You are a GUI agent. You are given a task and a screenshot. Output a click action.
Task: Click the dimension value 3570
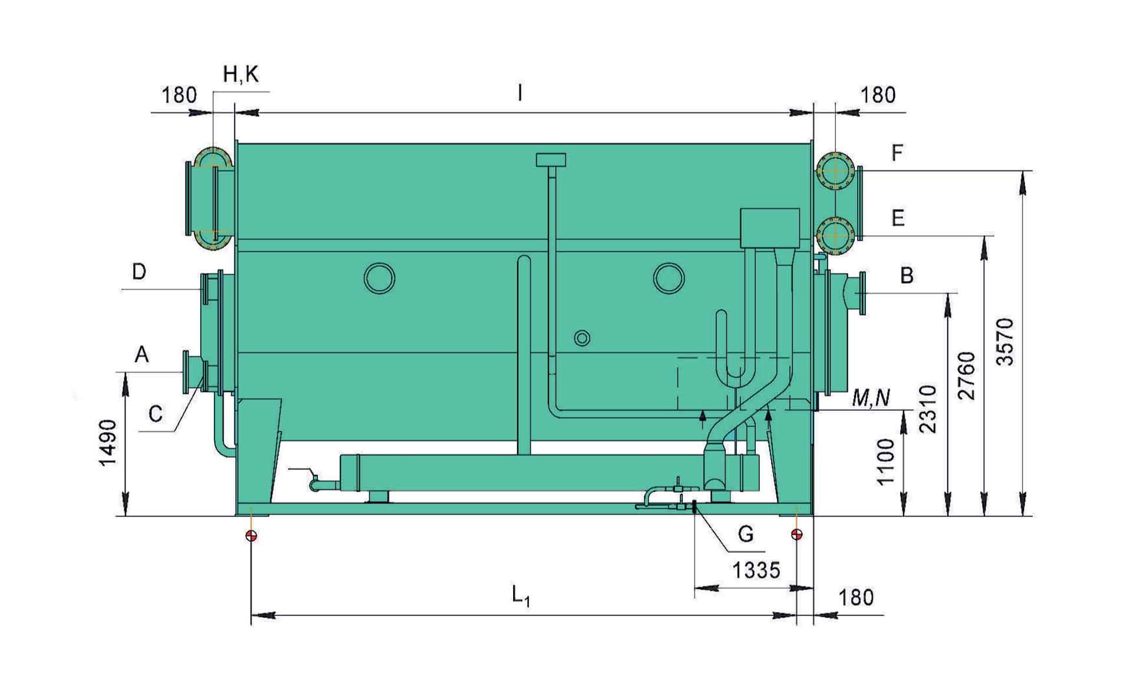click(1007, 342)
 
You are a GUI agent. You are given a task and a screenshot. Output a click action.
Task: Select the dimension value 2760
click(967, 376)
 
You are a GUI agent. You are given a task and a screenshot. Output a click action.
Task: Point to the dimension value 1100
click(885, 462)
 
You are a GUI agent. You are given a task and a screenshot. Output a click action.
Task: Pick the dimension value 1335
click(756, 571)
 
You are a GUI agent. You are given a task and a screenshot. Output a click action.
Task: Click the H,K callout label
click(240, 75)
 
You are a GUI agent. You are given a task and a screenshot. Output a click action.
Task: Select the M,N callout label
click(871, 399)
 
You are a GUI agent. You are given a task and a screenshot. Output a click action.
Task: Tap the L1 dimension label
click(521, 595)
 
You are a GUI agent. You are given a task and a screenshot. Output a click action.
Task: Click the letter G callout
click(746, 534)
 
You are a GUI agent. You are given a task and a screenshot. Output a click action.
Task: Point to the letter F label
click(897, 153)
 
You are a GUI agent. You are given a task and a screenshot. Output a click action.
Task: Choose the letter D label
click(139, 272)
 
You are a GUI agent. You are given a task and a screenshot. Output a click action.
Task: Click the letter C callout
click(156, 414)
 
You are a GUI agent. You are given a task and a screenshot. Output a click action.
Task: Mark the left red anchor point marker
click(252, 535)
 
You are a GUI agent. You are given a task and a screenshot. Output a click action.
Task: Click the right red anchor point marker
click(797, 535)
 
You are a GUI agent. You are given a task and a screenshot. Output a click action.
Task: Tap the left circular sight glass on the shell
click(379, 278)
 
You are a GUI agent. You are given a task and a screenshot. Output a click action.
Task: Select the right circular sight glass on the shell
click(669, 278)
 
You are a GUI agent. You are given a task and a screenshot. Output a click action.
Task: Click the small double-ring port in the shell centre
click(582, 338)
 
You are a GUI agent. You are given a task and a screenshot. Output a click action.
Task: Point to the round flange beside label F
click(835, 170)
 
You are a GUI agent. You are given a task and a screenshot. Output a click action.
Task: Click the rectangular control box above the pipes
click(769, 228)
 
